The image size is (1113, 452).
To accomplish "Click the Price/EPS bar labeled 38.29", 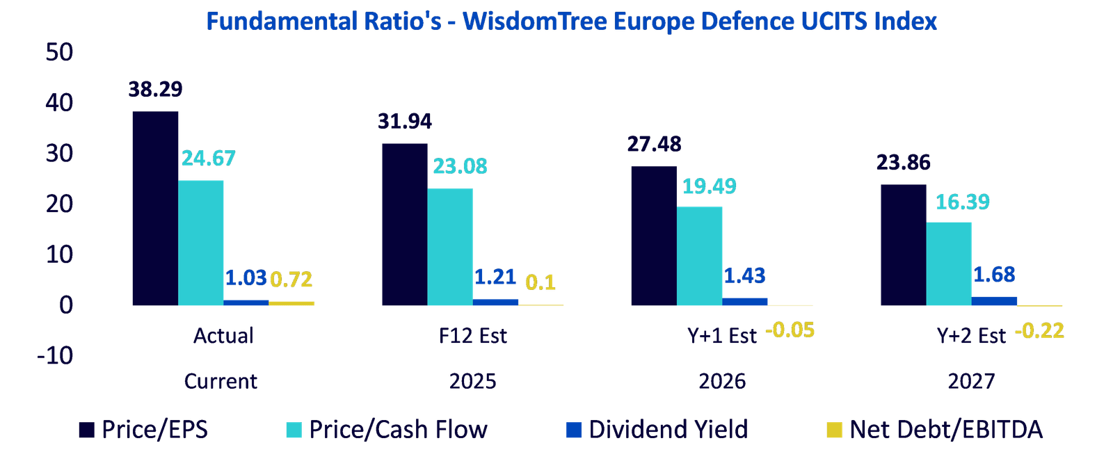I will pos(155,208).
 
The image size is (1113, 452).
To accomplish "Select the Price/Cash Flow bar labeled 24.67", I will pos(201,243).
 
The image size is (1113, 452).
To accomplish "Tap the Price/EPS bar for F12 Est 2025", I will pos(404,224).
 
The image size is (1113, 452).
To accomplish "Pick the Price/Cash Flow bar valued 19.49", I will pos(700,256).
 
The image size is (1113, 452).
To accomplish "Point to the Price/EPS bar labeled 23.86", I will pos(903,245).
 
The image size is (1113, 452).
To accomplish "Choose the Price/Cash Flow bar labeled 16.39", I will pos(949,264).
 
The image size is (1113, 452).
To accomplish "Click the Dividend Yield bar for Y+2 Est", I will pos(995,300).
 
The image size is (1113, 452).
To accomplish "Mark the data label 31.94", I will pos(405,122).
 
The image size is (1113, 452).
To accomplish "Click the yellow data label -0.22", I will pos(1039,331).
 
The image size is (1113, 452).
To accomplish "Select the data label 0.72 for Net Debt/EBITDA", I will pos(291,280).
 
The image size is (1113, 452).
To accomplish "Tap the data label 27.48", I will pos(654,145).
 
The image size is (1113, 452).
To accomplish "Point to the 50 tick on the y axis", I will pos(59,52).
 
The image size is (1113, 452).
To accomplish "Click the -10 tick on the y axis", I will pos(55,355).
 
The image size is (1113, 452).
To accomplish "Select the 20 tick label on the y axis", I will pos(59,204).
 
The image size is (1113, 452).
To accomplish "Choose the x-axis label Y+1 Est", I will pos(721,336).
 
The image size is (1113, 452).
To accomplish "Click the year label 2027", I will pos(971,381).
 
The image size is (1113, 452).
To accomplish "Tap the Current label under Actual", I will pos(221,381).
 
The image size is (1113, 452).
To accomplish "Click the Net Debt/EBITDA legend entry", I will pos(934,430).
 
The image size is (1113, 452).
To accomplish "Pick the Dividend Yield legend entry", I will pos(657,430).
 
